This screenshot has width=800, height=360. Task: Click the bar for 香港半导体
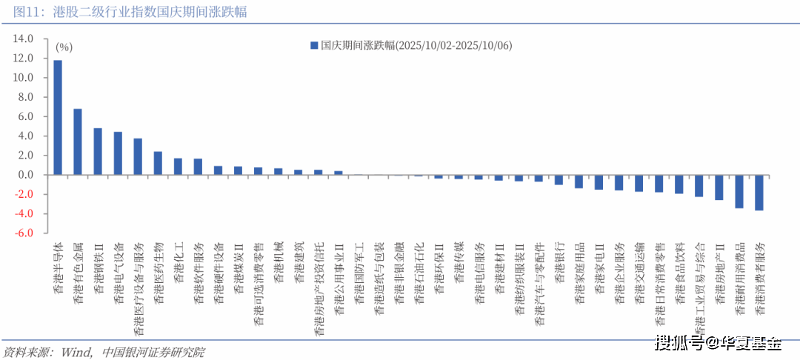click(58, 117)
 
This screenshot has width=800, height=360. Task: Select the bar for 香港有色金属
click(78, 141)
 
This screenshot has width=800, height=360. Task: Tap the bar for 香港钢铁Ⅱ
click(98, 151)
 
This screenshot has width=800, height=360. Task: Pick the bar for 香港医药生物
click(158, 163)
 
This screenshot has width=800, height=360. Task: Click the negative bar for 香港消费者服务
click(759, 193)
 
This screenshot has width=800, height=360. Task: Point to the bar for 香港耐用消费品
click(739, 191)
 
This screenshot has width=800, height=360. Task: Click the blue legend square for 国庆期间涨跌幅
click(314, 45)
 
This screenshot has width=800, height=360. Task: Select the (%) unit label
click(64, 47)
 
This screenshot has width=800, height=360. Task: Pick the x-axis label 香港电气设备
click(119, 273)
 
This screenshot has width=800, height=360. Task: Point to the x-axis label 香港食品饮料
click(679, 273)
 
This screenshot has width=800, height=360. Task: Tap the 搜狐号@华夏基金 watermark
click(719, 343)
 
